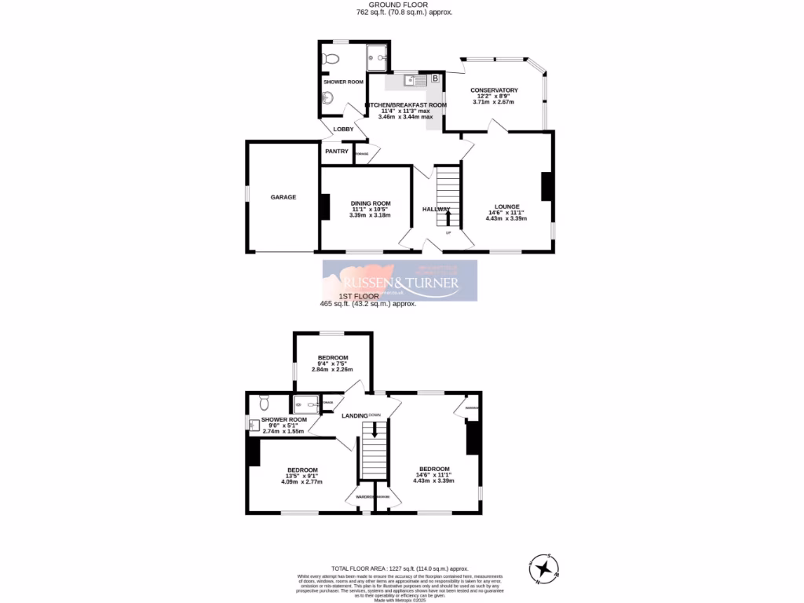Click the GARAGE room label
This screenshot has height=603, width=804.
[x=283, y=197]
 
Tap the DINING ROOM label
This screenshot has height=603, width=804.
[x=370, y=203]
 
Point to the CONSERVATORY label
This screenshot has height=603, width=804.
[x=494, y=90]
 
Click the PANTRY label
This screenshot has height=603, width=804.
[x=336, y=152]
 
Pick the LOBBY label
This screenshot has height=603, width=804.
[x=343, y=129]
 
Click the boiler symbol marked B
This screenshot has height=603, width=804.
[x=434, y=79]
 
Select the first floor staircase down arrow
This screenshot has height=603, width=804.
[x=375, y=430]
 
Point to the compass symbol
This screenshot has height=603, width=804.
[x=544, y=568]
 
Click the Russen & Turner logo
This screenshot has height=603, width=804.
[x=400, y=281]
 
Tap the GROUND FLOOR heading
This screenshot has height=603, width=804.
[x=401, y=4]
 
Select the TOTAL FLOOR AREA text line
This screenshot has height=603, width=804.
[x=399, y=568]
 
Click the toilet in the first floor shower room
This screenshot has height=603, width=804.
[x=264, y=402]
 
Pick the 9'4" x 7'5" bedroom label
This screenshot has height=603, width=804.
[x=332, y=358]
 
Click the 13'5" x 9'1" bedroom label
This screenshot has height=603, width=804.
[x=302, y=470]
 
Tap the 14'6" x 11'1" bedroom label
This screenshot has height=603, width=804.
[x=434, y=469]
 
